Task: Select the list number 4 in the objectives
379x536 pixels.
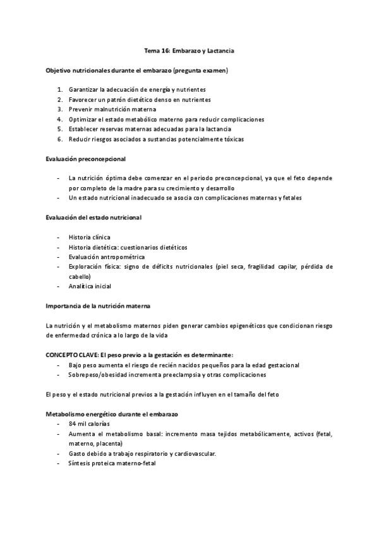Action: [59, 119]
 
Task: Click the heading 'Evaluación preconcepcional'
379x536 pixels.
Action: [85, 158]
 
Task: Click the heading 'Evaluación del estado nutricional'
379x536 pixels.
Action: [93, 217]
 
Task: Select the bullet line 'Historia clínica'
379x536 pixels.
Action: [89, 237]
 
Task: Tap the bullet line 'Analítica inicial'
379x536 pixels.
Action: [90, 286]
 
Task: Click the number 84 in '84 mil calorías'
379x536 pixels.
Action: [73, 423]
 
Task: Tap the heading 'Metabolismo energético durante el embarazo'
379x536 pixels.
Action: [112, 413]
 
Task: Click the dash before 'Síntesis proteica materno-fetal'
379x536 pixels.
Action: [58, 463]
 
